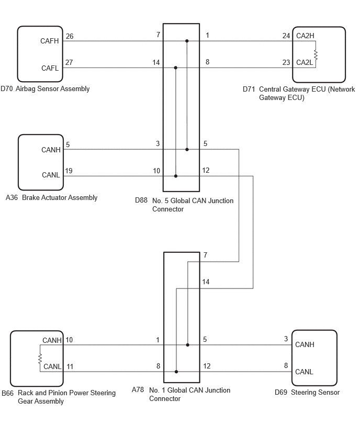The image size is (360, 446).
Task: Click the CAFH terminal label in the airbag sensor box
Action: (x=50, y=41)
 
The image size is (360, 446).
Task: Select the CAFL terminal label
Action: (x=50, y=68)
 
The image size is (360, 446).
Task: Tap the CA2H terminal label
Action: (x=305, y=36)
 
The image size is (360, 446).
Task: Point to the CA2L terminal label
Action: (x=305, y=63)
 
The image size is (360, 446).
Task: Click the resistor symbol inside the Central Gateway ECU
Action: (x=316, y=54)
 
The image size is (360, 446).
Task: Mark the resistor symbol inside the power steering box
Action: (x=40, y=359)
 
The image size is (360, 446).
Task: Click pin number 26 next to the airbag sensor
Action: (x=70, y=37)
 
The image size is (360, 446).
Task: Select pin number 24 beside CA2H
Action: (x=286, y=36)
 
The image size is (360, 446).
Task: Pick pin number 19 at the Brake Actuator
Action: (x=69, y=171)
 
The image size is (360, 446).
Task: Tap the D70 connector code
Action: (x=6, y=89)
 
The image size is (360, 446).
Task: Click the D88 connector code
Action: (x=141, y=200)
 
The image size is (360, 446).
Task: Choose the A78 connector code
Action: (x=138, y=389)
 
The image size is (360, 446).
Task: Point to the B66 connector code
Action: (x=8, y=393)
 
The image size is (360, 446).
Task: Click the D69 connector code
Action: (x=281, y=393)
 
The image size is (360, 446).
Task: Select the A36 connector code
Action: (x=12, y=197)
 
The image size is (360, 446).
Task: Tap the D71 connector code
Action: (x=249, y=90)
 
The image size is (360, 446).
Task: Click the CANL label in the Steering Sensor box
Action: (x=304, y=372)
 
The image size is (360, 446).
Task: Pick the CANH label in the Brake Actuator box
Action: (x=51, y=150)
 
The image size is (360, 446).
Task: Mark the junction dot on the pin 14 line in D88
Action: (x=176, y=68)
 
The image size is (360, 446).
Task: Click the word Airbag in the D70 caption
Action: (x=26, y=89)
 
